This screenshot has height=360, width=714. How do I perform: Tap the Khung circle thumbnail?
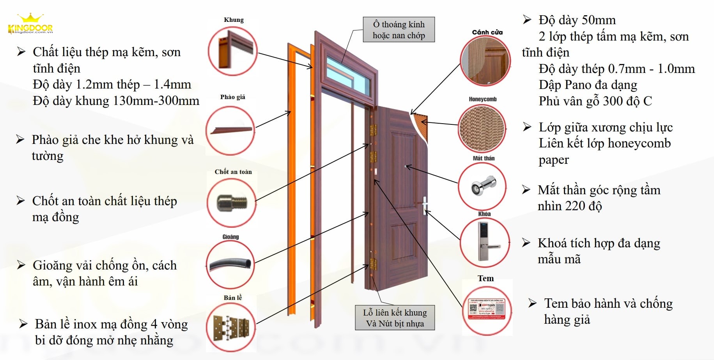coord(233,51)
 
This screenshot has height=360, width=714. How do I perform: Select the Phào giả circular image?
coord(230,131)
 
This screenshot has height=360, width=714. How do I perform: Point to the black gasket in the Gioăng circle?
coord(230,264)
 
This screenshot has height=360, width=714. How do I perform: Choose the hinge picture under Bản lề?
coord(231,327)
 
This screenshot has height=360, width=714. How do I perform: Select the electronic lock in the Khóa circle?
coord(485,242)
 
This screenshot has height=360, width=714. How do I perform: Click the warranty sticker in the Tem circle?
coord(487,310)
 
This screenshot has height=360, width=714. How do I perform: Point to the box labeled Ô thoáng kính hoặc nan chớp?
coord(399,30)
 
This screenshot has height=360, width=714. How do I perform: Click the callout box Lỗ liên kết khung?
coord(395,318)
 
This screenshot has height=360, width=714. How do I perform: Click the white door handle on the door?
coord(425,205)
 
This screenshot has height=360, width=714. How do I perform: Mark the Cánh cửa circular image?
coord(485,61)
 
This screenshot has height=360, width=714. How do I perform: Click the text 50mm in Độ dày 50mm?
coord(599,20)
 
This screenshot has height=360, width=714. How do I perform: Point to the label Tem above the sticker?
coord(485,278)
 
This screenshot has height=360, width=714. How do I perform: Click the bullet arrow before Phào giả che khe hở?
coord(20,139)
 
